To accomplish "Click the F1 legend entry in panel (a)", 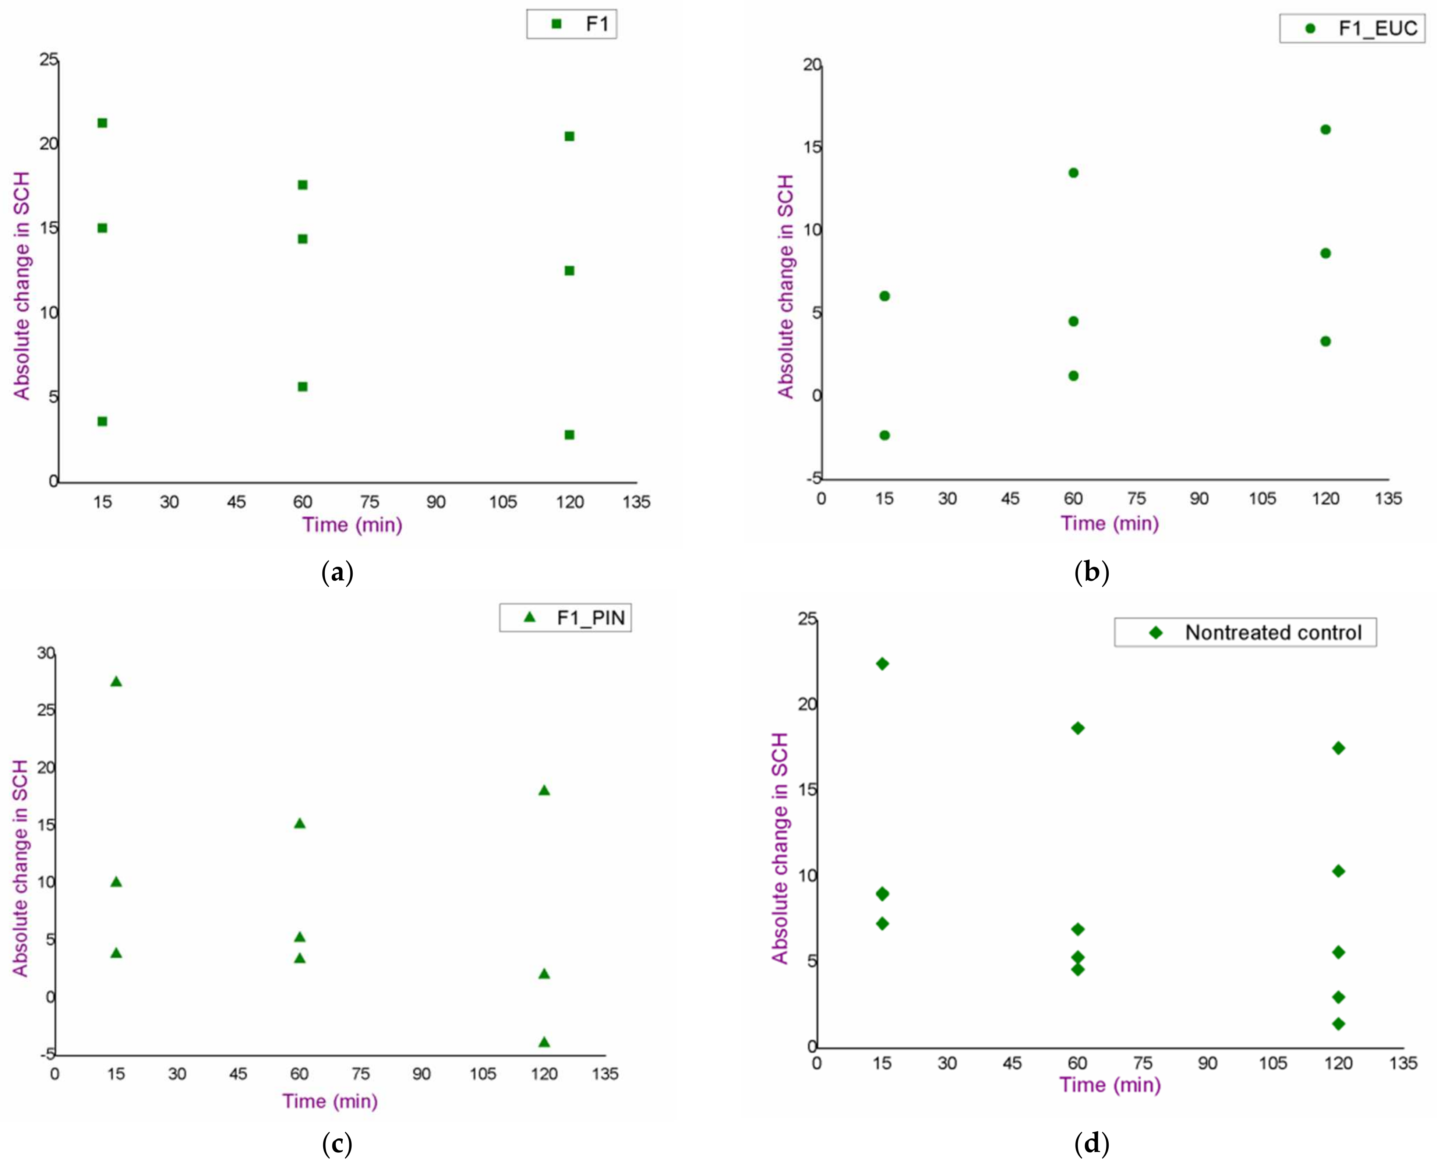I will pos(572,24).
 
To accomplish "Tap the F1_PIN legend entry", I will pos(565,617).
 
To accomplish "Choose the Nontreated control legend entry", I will pos(1245,632).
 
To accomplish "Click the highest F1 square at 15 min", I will pos(102,123).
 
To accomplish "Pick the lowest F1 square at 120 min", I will pos(569,435).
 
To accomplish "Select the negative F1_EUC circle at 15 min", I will pos(885,435).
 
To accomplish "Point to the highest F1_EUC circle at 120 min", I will pos(1326,130).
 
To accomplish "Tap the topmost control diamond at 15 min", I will pos(882,664).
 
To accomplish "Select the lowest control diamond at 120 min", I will pos(1339,1024).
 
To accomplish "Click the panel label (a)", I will pos(337,572).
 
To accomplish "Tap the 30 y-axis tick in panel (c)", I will pos(46,653).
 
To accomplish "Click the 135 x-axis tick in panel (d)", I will pos(1403,1064).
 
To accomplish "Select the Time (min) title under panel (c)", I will pos(329,1101).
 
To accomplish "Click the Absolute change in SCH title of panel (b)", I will pos(786,286).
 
